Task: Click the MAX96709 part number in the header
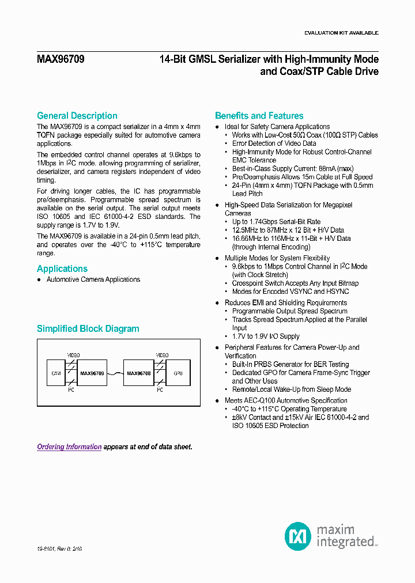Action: (x=61, y=59)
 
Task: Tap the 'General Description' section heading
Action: (x=77, y=116)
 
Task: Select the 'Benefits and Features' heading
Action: (x=259, y=116)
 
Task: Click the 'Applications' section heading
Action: (x=62, y=269)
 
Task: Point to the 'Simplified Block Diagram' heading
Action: (x=88, y=329)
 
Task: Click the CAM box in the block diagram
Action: (x=56, y=373)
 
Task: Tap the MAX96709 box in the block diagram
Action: (x=92, y=373)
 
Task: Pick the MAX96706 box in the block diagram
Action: (x=139, y=373)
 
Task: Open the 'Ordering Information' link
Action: (x=69, y=447)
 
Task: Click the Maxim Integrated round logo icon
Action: (x=298, y=536)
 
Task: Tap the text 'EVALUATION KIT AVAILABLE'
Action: (x=341, y=33)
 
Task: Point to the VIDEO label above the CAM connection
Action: (x=74, y=355)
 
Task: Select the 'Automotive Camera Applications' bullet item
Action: (x=93, y=279)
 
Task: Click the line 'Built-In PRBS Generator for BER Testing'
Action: (x=290, y=365)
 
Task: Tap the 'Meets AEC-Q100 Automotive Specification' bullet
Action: (x=285, y=400)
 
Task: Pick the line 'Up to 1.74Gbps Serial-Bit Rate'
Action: (x=276, y=222)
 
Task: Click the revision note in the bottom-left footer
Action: (x=60, y=550)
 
